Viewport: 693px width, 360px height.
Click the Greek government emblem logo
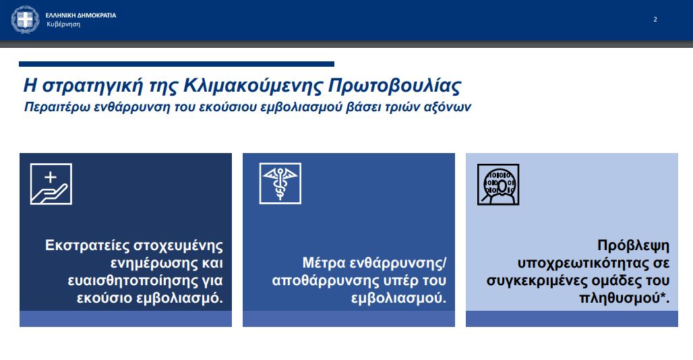pyautogui.click(x=25, y=20)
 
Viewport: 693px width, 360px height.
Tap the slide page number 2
pyautogui.click(x=655, y=20)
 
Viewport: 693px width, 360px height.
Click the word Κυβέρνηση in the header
pyautogui.click(x=63, y=24)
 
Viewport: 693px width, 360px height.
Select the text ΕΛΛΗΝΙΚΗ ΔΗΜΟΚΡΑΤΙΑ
pyautogui.click(x=81, y=15)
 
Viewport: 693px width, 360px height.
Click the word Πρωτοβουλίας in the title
pyautogui.click(x=394, y=86)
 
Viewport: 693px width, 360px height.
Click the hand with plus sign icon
pyautogui.click(x=51, y=184)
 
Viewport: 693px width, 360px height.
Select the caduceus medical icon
pyautogui.click(x=280, y=184)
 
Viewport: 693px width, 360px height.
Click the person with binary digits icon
pyautogui.click(x=498, y=185)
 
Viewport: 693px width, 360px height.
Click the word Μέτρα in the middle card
pyautogui.click(x=324, y=263)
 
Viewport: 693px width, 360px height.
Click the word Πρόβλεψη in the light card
pyautogui.click(x=633, y=245)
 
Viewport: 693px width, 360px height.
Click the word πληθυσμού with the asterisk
pyautogui.click(x=624, y=298)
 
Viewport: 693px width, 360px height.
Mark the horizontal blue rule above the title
pyautogui.click(x=177, y=64)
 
